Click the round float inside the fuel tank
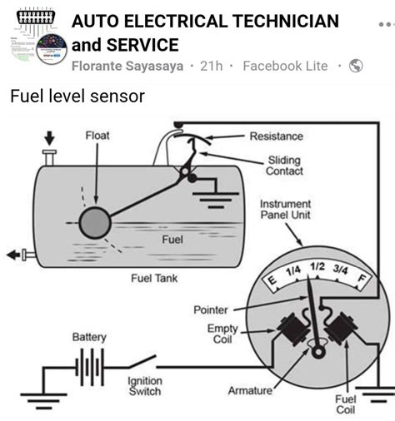[x=95, y=223]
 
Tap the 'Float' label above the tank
[x=97, y=136]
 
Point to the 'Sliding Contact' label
[x=284, y=166]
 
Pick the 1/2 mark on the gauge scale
[x=317, y=267]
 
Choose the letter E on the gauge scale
[x=272, y=283]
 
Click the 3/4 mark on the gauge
[x=340, y=270]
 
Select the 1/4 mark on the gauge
[x=293, y=271]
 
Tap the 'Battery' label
[x=88, y=337]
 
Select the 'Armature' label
[x=249, y=390]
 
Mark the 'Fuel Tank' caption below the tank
[x=153, y=278]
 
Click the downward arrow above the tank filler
[x=49, y=137]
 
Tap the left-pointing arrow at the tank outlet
[x=13, y=255]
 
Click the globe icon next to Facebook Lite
[x=356, y=66]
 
